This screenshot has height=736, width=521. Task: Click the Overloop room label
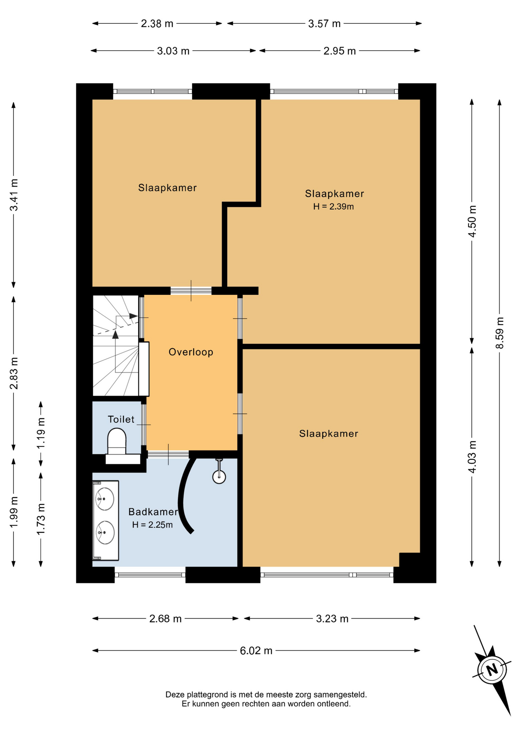[191, 352]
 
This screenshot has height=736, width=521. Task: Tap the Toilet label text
[121, 419]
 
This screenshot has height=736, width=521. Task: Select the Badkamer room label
[153, 512]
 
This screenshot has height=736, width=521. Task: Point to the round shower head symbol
[219, 477]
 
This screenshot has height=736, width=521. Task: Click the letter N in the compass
[492, 670]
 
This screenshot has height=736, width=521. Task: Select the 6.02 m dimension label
[256, 651]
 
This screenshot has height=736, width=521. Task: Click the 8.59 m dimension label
[500, 333]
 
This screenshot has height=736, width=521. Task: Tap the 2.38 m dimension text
[157, 24]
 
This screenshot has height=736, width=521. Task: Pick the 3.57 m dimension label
[324, 24]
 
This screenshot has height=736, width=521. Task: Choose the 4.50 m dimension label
[472, 221]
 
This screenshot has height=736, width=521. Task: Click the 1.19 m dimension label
[41, 433]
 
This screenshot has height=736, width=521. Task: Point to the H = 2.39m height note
[333, 207]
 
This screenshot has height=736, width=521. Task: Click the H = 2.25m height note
[152, 525]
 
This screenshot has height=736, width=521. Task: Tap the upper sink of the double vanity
[104, 499]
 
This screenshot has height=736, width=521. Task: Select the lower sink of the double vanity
[104, 532]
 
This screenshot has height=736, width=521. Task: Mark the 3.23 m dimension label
[332, 619]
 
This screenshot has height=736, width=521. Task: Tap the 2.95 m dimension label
[340, 51]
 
